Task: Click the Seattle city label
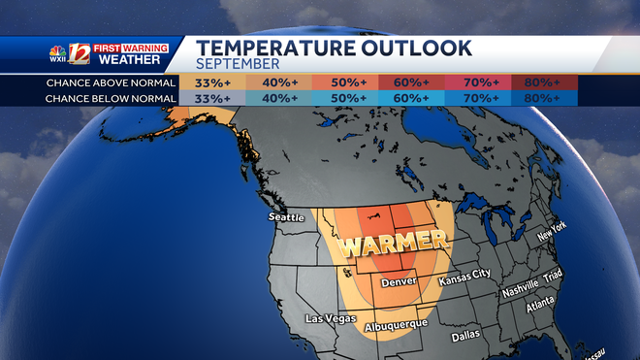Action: click(287, 216)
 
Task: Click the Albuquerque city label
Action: click(395, 326)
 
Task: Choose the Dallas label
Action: click(465, 337)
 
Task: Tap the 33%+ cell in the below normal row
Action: click(212, 98)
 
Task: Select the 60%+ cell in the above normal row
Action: click(412, 82)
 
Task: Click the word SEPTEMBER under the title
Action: click(238, 63)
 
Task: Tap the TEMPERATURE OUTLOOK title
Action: click(335, 47)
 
